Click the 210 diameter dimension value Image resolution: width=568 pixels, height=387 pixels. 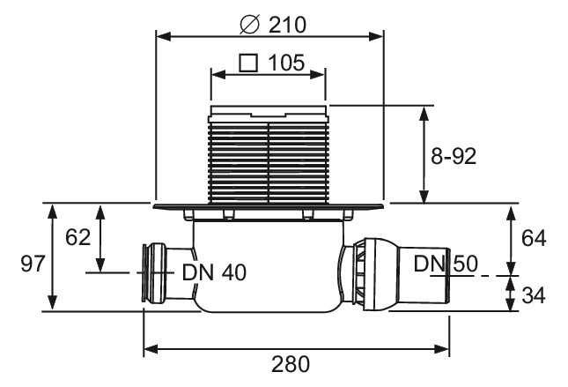287,25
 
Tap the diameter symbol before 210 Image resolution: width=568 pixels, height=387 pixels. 250,25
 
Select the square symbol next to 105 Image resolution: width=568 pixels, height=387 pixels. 248,63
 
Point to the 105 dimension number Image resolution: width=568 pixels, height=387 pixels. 286,63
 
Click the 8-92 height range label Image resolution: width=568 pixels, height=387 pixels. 454,157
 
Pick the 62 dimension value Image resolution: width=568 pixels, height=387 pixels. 77,238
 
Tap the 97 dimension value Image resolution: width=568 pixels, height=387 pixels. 33,264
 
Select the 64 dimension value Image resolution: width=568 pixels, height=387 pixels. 534,239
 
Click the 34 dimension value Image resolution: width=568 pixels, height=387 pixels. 534,294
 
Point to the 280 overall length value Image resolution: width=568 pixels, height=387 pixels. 291,364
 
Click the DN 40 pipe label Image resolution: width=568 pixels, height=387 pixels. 215,272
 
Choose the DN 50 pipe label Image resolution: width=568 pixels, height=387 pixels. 446,264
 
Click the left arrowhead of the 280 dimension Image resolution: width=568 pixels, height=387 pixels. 151,349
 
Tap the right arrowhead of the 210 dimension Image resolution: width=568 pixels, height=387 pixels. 376,36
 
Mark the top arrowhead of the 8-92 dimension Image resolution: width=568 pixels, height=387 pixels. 424,113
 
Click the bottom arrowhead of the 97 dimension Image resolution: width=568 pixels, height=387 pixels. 53,303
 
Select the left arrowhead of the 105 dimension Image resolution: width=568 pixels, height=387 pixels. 218,75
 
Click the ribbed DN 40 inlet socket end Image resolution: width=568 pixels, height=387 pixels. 154,273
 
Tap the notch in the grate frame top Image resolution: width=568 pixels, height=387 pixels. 269,115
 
